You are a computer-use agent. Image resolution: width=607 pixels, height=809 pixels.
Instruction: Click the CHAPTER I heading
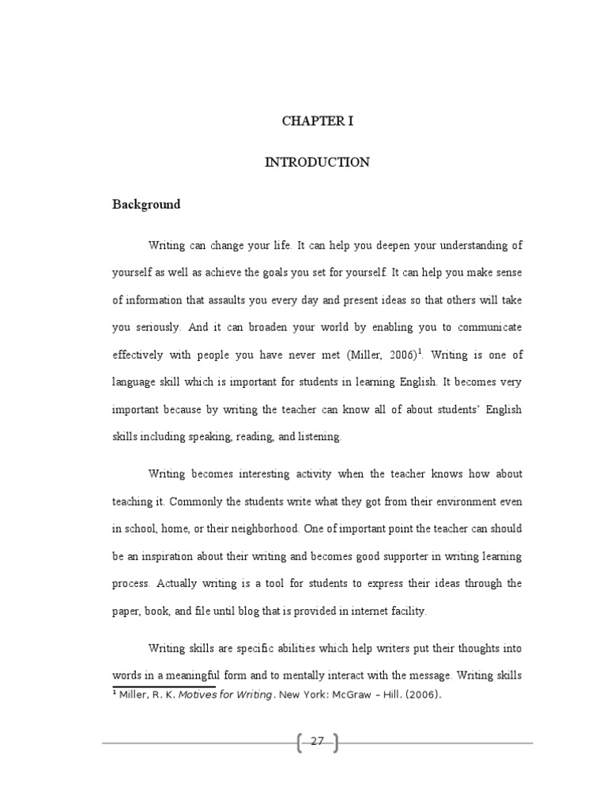tap(317, 121)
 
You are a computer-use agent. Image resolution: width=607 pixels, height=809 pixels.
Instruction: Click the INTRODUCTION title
tap(317, 163)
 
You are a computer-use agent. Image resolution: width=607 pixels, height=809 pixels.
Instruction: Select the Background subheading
tap(145, 205)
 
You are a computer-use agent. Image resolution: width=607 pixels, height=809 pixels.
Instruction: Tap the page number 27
tap(317, 741)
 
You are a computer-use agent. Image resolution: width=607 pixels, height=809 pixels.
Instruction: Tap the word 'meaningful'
tap(211, 676)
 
